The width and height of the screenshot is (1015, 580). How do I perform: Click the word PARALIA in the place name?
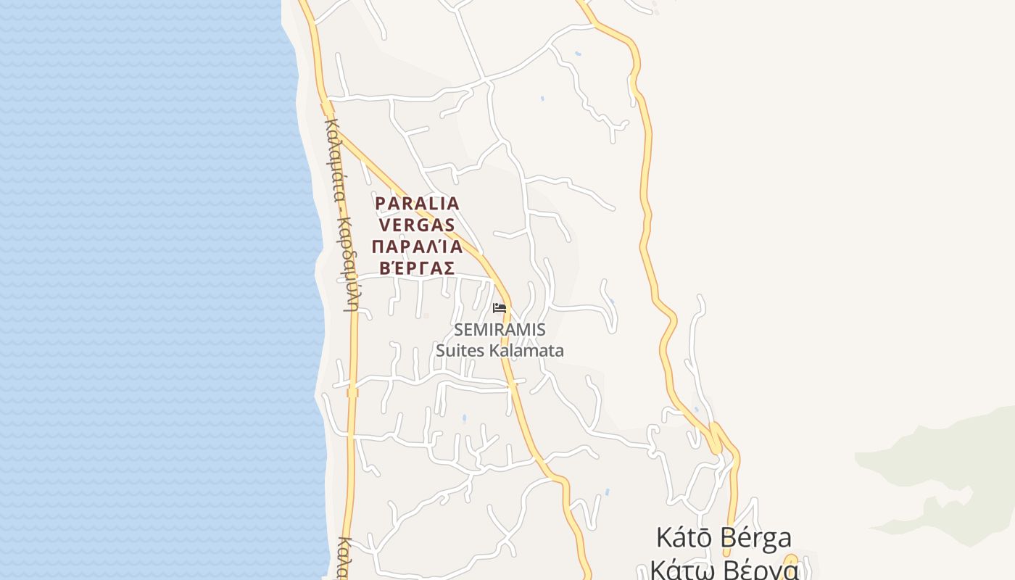pos(417,204)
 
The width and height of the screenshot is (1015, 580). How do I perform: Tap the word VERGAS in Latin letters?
pos(416,225)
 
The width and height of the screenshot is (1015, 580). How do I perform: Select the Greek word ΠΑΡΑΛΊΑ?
pos(416,246)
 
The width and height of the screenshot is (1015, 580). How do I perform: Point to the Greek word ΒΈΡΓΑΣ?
pos(413,268)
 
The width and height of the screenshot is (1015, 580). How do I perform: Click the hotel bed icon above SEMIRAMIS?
pos(499,307)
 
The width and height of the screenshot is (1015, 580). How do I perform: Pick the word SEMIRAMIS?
pos(500,330)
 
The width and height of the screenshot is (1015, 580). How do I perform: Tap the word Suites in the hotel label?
pos(460,351)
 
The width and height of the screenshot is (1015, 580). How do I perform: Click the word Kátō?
pos(685,538)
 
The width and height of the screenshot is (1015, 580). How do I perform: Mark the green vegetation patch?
pos(942,464)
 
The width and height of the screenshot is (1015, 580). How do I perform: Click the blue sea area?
pos(145,290)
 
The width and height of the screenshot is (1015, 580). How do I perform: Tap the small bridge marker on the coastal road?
pos(352,393)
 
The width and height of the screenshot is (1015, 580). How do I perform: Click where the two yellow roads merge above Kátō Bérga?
pos(716,435)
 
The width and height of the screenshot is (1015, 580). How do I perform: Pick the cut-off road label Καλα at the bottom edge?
pos(346,558)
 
